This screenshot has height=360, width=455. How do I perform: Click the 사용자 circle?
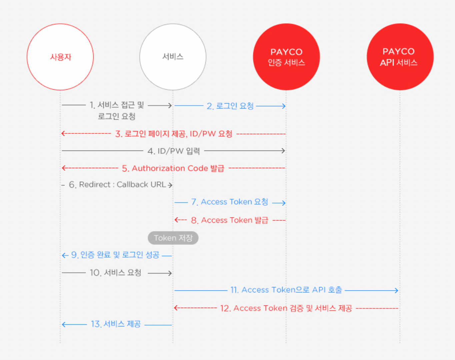(60, 57)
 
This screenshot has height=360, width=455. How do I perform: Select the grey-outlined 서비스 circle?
(173, 57)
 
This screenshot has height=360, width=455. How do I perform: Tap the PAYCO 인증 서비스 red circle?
(286, 57)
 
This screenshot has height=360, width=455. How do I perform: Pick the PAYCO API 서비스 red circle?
(400, 57)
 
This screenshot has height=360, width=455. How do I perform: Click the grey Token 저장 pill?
(173, 238)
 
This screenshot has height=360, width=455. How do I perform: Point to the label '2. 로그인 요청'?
(230, 106)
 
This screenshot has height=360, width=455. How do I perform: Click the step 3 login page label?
(174, 134)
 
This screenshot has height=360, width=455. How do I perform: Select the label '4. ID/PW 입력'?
(174, 151)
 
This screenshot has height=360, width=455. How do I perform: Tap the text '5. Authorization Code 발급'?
(173, 168)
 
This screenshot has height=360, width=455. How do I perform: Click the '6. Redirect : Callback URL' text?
(117, 184)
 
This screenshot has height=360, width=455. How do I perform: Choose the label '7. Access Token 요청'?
(229, 202)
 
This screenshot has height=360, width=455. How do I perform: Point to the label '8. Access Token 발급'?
(229, 220)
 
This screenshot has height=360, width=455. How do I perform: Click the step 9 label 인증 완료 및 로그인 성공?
(115, 255)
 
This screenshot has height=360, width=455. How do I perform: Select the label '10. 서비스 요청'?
(115, 273)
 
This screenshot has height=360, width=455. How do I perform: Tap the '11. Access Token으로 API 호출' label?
(286, 290)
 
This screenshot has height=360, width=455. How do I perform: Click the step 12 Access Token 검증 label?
(286, 308)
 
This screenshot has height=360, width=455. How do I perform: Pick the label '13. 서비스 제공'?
(116, 324)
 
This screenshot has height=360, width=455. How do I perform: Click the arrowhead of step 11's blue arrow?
(396, 290)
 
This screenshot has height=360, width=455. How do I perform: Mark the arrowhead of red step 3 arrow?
(63, 134)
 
